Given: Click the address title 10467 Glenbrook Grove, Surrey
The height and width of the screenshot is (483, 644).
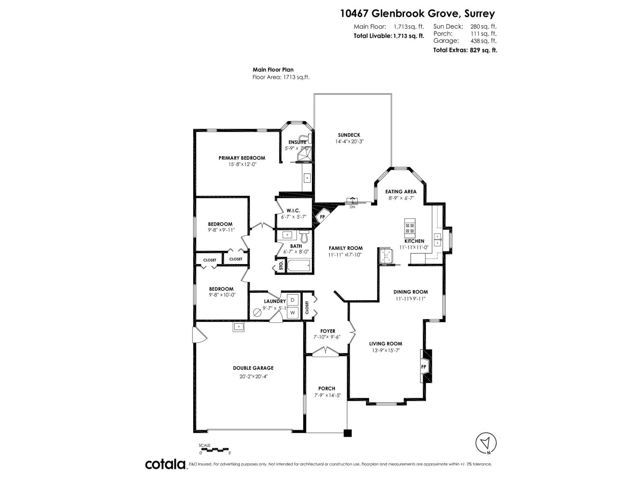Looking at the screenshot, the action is (x=417, y=14).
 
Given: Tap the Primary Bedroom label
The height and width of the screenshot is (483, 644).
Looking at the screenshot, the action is (x=242, y=158).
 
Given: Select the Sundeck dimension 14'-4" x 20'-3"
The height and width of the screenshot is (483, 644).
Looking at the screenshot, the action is (x=349, y=141).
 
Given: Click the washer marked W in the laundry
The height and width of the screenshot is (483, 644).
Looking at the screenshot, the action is (x=293, y=313).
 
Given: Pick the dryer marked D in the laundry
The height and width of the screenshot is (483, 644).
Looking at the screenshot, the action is (x=293, y=300).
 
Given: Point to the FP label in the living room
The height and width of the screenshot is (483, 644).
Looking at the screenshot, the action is (x=423, y=367).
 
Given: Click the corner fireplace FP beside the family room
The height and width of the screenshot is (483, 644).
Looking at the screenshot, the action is (x=322, y=217).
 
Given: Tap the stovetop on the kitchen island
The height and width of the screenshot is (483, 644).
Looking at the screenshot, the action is (x=410, y=228).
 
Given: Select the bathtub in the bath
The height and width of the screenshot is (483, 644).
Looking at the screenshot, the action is (x=298, y=266).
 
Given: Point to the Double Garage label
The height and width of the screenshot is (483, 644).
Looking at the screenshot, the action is (x=253, y=368).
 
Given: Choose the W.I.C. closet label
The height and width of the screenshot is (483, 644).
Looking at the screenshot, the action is (x=293, y=211).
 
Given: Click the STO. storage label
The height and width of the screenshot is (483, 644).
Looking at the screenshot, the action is (x=281, y=266).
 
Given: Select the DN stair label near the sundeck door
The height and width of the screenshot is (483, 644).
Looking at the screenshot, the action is (x=352, y=207).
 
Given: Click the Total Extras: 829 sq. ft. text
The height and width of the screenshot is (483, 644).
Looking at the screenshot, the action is (x=465, y=50).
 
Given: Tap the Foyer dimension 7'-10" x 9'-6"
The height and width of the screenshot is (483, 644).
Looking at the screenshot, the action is (x=327, y=337).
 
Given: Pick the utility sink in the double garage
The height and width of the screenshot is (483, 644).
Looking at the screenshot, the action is (x=239, y=327).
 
